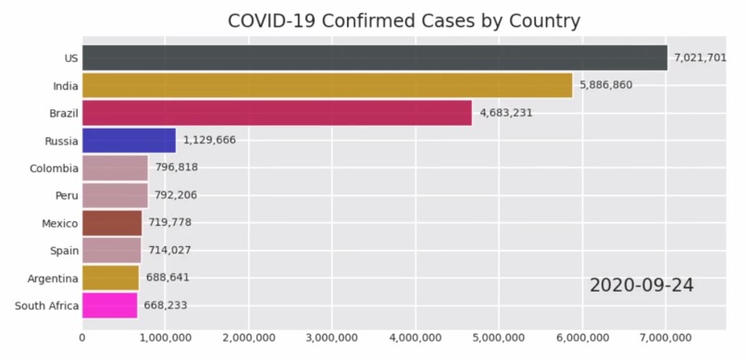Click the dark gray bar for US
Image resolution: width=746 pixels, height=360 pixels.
click(x=375, y=57)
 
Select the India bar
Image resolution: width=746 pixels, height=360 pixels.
click(x=327, y=85)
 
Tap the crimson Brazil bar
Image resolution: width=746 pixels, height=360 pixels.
click(x=277, y=113)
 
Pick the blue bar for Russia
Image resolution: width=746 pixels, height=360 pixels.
click(x=129, y=141)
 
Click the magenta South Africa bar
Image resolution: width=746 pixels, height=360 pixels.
click(x=109, y=304)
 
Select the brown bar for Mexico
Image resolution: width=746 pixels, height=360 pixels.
click(x=112, y=223)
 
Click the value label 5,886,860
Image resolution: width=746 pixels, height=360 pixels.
click(x=611, y=85)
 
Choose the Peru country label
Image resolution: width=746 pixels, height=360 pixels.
click(x=65, y=195)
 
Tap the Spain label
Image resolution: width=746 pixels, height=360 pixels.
click(x=63, y=250)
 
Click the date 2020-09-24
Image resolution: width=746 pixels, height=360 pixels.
click(x=641, y=286)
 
